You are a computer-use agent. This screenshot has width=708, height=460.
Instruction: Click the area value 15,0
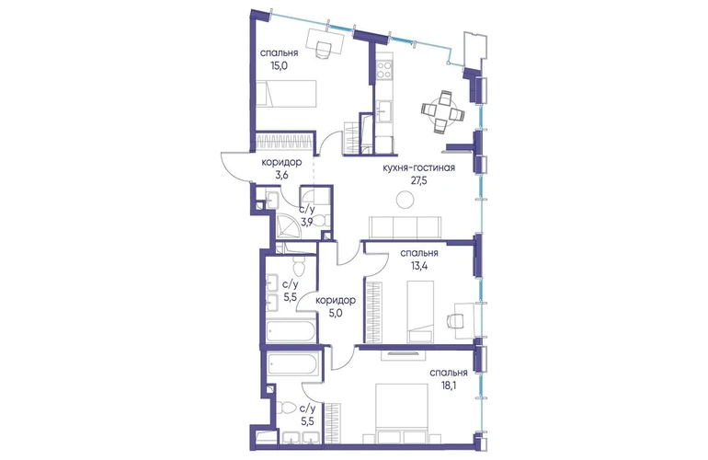280,64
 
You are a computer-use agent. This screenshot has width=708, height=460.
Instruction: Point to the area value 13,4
419,265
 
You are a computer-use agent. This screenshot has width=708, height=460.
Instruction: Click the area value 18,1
449,385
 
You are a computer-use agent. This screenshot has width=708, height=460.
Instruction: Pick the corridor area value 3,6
281,175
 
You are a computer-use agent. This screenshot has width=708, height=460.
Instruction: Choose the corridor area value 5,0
336,312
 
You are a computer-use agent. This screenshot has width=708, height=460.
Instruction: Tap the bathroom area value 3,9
307,222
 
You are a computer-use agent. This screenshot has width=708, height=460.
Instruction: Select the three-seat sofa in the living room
405,227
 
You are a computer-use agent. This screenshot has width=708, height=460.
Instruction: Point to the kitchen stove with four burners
383,70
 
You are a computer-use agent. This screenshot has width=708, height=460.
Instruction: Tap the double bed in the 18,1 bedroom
402,413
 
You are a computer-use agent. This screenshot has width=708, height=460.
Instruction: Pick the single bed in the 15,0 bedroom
286,94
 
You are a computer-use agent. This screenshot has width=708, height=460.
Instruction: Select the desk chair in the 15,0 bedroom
324,50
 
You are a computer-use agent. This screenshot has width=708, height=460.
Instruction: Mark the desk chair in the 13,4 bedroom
454,320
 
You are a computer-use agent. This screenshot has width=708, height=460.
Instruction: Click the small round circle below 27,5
405,200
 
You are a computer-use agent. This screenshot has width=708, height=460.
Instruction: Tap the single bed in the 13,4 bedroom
420,311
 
